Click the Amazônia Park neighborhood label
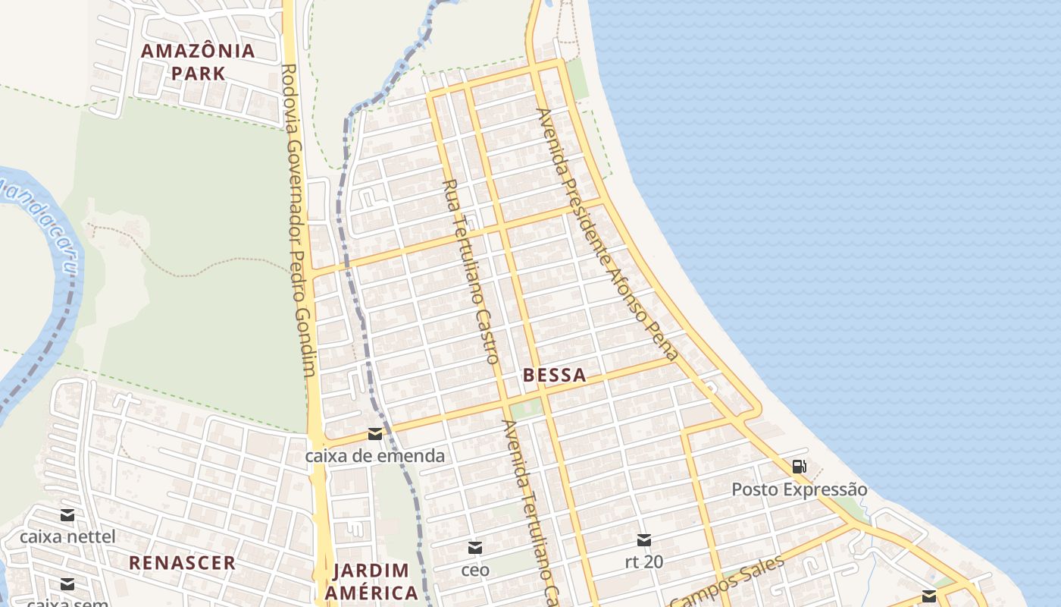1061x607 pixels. (199, 62)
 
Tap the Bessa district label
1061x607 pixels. (554, 375)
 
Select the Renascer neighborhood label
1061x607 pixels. (182, 563)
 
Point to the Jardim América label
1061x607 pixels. (371, 581)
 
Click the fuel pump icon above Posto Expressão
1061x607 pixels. (799, 467)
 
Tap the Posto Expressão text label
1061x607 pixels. (799, 489)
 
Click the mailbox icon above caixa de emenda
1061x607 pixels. (374, 434)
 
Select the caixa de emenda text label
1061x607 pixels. (374, 456)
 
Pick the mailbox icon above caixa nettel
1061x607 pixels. (67, 515)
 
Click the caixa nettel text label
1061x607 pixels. (67, 537)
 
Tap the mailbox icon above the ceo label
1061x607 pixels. (475, 548)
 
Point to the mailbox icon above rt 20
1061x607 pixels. (644, 540)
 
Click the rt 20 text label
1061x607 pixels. (644, 562)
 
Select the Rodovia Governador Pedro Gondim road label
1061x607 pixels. (301, 220)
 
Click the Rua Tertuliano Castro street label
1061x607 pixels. (471, 271)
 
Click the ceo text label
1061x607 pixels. (475, 570)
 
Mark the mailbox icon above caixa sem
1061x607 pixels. (67, 583)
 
